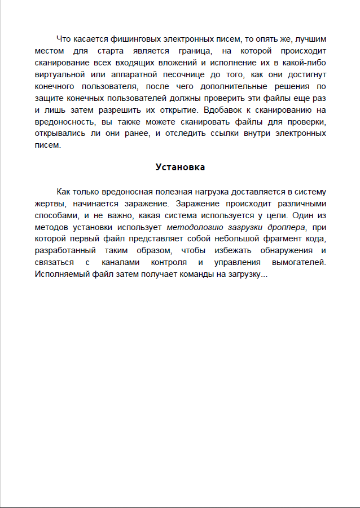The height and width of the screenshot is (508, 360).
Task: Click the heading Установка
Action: (x=180, y=167)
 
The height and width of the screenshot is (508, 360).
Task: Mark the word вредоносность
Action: (x=62, y=122)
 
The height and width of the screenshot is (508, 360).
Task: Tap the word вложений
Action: (x=180, y=63)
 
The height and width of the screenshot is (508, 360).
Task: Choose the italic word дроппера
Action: (x=285, y=227)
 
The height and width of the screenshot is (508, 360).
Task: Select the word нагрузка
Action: (x=197, y=192)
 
